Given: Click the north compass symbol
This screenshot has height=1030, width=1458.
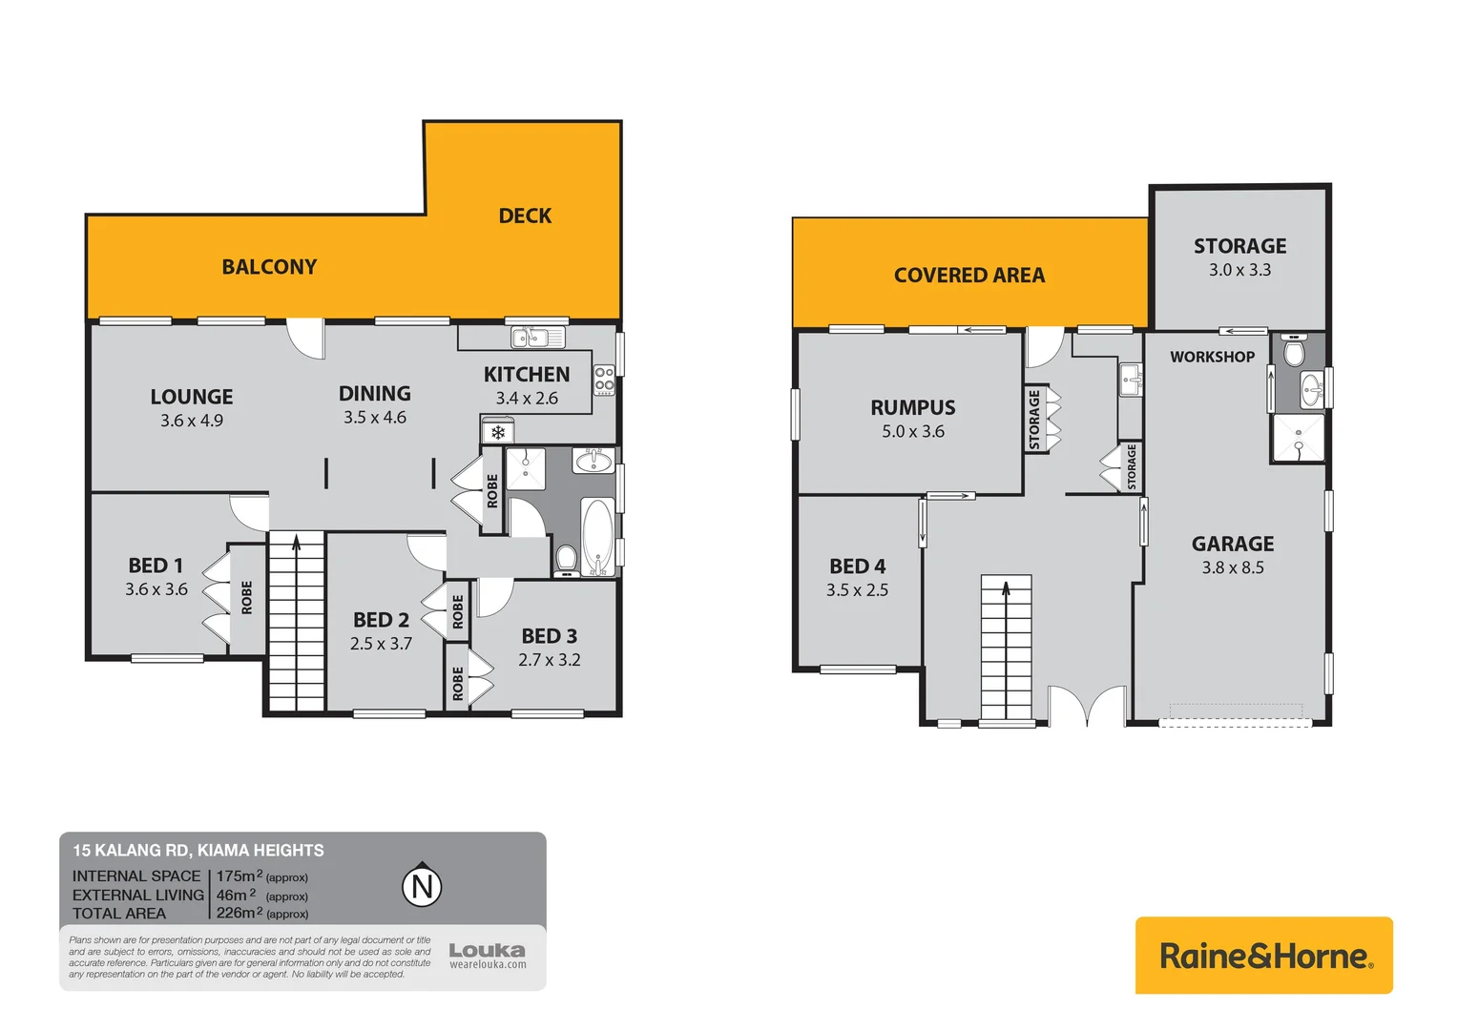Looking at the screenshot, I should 422,886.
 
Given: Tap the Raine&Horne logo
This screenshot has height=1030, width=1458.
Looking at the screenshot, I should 1263,956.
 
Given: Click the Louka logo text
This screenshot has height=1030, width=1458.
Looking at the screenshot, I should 487,951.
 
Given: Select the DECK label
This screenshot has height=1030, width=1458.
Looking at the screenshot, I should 525,216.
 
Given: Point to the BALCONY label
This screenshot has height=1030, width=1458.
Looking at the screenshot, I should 269,267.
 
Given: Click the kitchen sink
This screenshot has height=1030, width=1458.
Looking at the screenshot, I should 537,337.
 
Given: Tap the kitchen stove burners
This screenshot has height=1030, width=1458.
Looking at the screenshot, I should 604,380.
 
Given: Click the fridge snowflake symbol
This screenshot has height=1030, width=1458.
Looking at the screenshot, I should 497,433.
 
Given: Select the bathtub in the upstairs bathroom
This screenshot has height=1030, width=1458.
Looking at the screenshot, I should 597,537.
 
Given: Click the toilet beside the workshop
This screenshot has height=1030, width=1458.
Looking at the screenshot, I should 1294,352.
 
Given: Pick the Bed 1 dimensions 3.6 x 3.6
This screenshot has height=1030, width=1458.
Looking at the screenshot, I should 156,589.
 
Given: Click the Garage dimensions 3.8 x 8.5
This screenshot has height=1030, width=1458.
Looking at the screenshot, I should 1232,567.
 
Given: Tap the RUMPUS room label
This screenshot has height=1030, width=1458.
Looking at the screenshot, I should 912,407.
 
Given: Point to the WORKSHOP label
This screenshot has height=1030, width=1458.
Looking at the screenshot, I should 1212,357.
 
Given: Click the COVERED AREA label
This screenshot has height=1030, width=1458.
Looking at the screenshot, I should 969,276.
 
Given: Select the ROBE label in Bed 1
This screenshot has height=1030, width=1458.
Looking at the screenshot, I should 247,598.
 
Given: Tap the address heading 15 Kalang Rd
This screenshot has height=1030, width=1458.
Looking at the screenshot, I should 198,850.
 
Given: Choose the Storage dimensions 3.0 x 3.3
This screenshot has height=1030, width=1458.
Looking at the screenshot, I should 1239,270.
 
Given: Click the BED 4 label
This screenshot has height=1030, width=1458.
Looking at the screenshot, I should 857,566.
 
